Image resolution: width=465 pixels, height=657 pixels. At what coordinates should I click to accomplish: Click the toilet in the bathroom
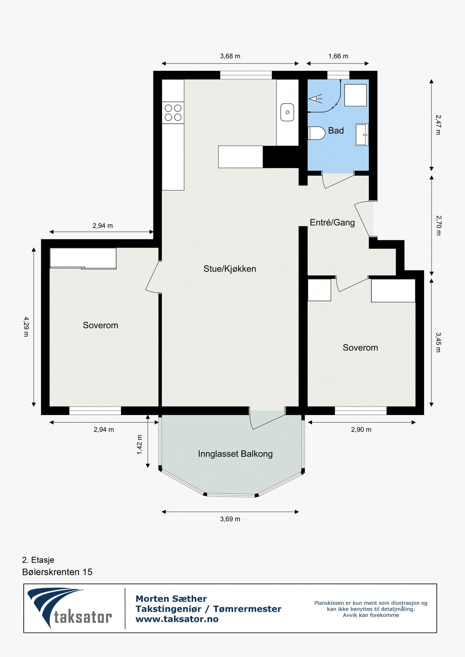(316, 133)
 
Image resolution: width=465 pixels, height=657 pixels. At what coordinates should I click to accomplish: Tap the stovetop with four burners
(173, 112)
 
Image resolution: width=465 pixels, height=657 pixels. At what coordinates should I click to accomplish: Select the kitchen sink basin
(287, 112)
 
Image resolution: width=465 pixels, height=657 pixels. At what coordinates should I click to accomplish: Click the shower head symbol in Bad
(315, 99)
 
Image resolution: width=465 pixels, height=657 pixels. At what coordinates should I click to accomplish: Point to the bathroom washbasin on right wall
(362, 135)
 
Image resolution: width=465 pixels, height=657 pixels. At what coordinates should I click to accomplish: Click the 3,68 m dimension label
(230, 56)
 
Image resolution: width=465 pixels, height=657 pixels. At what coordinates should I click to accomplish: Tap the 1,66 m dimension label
(338, 56)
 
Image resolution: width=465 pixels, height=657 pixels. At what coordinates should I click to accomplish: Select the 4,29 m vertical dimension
(26, 326)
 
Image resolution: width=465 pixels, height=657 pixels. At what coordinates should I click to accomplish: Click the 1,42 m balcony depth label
(140, 445)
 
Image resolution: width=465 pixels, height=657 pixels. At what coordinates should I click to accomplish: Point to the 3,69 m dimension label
(230, 519)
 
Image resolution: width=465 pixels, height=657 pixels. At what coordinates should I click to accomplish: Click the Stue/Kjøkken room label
(230, 269)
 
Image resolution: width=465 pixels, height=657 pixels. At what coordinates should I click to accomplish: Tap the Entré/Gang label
(332, 222)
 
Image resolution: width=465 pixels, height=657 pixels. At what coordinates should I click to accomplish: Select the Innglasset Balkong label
(235, 454)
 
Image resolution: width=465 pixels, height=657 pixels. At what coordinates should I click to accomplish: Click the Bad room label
(336, 131)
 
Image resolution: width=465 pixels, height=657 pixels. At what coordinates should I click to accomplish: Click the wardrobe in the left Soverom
(83, 258)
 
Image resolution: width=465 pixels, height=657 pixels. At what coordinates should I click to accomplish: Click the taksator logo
(69, 608)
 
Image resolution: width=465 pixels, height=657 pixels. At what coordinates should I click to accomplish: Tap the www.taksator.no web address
(177, 619)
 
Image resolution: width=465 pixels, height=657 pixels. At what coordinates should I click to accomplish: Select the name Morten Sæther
(171, 599)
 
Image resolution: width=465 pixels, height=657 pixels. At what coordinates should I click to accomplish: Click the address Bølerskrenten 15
(57, 572)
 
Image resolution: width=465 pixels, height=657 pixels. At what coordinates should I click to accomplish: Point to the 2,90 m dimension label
(361, 430)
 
